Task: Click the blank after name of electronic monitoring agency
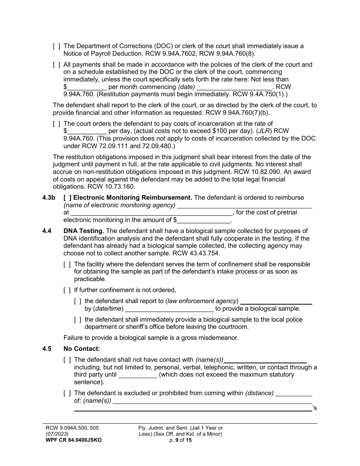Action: tap(244, 205)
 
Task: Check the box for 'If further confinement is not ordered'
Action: tap(67, 290)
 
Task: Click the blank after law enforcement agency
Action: tap(276, 302)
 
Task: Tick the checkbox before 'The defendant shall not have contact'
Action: tap(67, 360)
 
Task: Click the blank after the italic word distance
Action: tap(294, 393)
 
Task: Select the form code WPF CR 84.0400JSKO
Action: tap(73, 440)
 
